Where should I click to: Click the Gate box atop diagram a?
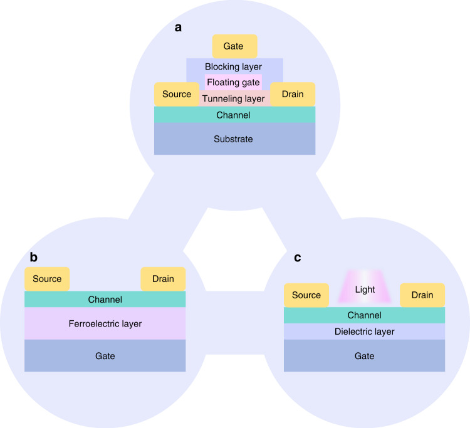[x=235, y=46]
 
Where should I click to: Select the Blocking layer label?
[x=233, y=66]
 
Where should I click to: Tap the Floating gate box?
[x=233, y=82]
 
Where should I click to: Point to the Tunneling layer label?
[x=234, y=99]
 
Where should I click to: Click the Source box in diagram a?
[x=176, y=94]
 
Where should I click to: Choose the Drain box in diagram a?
[x=293, y=94]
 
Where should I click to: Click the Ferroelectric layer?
[x=105, y=324]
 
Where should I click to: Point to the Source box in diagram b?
[x=47, y=279]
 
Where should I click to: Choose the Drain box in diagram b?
[x=164, y=279]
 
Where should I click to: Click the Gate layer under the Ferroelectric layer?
[x=105, y=356]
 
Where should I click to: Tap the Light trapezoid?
[x=364, y=290]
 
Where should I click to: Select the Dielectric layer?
[x=364, y=331]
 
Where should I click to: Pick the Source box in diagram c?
[x=306, y=295]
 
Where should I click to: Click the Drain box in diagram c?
[x=422, y=295]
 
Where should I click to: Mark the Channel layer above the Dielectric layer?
[x=364, y=315]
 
